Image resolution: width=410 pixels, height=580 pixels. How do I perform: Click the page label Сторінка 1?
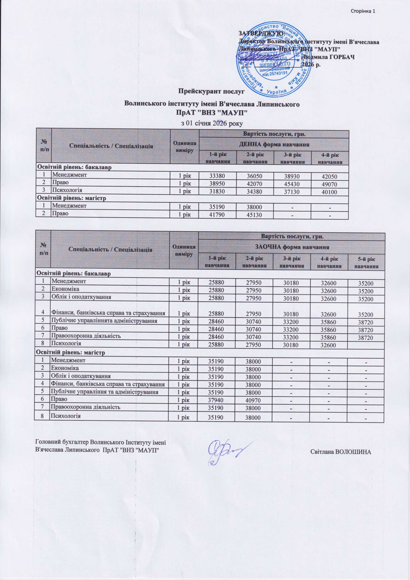(363, 11)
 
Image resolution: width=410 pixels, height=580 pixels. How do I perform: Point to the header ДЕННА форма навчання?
(274, 144)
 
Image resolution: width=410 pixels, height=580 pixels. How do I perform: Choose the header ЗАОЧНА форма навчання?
(292, 247)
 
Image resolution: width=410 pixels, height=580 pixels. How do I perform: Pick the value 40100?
(329, 192)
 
